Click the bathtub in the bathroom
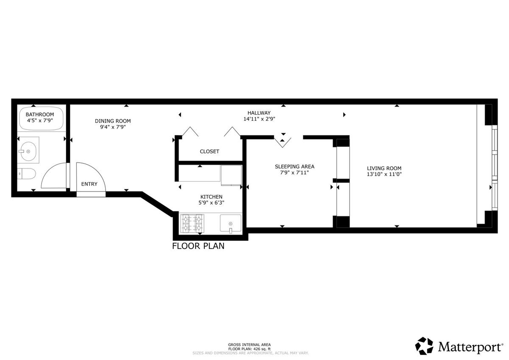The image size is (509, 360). pyautogui.click(x=41, y=118)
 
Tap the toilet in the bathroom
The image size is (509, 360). pyautogui.click(x=27, y=174)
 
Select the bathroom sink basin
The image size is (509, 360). pyautogui.click(x=28, y=151)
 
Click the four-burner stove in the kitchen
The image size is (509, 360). pyautogui.click(x=192, y=224)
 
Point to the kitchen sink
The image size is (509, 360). pyautogui.click(x=231, y=223)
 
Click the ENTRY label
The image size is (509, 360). pyautogui.click(x=89, y=184)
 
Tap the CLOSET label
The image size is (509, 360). pyautogui.click(x=210, y=152)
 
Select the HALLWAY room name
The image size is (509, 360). pyautogui.click(x=259, y=113)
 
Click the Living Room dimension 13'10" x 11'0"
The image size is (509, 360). pyautogui.click(x=384, y=174)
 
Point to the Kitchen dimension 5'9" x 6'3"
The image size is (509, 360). pyautogui.click(x=211, y=202)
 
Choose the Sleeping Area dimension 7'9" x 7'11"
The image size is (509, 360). pyautogui.click(x=294, y=173)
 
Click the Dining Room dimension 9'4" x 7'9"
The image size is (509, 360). pyautogui.click(x=113, y=127)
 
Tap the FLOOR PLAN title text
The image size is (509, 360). pyautogui.click(x=198, y=246)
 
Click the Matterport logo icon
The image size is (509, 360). pyautogui.click(x=424, y=346)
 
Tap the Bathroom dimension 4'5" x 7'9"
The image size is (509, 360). pyautogui.click(x=40, y=120)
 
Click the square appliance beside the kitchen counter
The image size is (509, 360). pyautogui.click(x=231, y=175)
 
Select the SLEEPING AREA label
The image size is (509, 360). pyautogui.click(x=294, y=167)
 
